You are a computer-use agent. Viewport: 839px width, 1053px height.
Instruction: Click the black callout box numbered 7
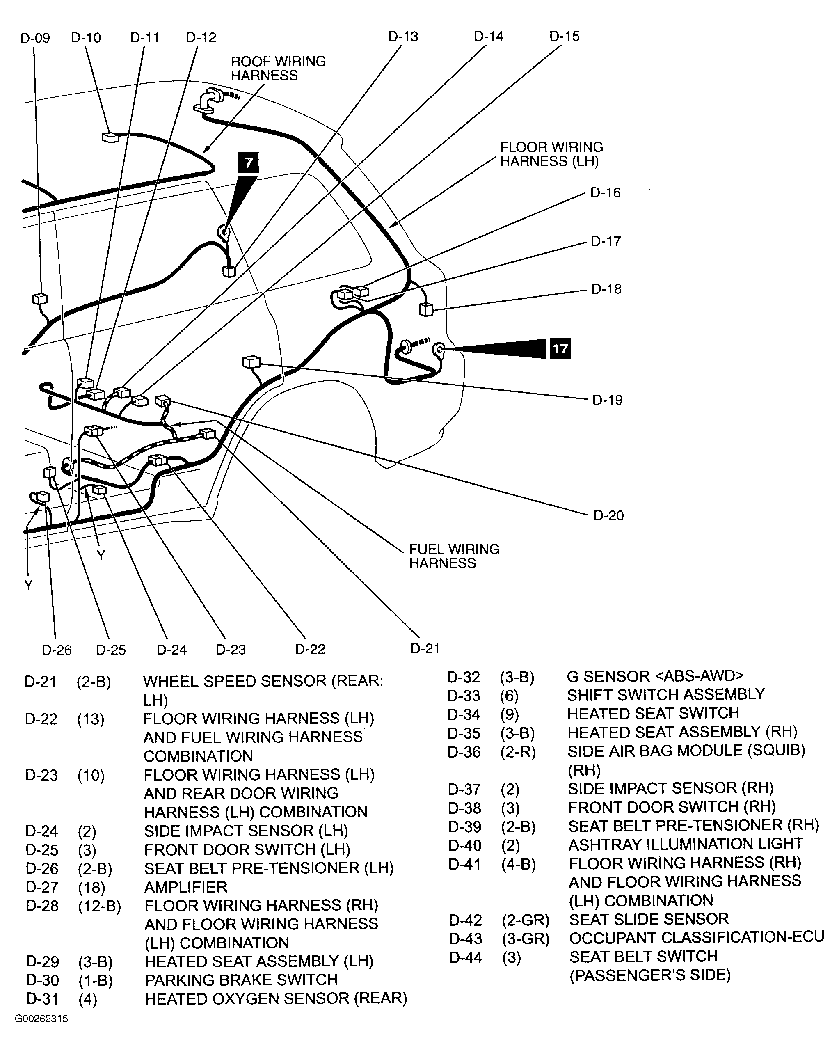[248, 162]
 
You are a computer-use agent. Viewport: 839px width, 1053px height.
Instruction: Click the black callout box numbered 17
[560, 348]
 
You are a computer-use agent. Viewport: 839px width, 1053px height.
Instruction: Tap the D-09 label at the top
[35, 38]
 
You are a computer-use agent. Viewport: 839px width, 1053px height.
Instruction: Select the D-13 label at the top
[403, 37]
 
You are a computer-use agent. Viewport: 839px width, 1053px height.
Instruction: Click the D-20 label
[608, 515]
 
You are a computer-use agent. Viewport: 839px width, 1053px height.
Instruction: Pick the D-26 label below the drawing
[57, 650]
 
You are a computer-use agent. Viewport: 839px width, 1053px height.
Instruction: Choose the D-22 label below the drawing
[310, 649]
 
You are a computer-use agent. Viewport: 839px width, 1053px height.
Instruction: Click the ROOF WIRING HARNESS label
[278, 69]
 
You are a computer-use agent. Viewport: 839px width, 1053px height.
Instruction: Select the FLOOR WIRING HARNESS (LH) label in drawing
[551, 154]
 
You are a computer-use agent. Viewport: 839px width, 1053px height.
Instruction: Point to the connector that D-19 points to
[251, 362]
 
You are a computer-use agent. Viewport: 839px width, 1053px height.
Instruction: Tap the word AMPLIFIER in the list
[186, 886]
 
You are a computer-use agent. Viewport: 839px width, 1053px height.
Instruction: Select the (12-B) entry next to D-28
[99, 906]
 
